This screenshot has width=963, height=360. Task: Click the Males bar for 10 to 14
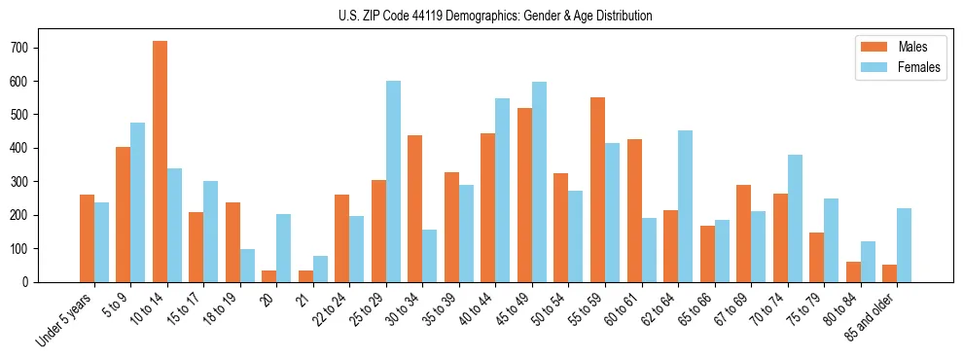pyautogui.click(x=160, y=162)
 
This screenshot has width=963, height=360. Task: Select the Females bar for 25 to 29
pyautogui.click(x=393, y=181)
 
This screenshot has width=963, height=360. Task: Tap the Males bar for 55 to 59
pyautogui.click(x=597, y=190)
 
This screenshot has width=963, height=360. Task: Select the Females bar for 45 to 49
pyautogui.click(x=539, y=182)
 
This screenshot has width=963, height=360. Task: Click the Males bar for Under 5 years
pyautogui.click(x=87, y=238)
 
